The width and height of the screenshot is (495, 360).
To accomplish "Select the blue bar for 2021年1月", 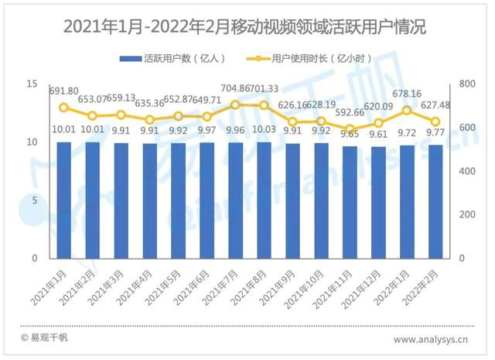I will [64, 200].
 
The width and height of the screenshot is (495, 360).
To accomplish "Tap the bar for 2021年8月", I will [265, 200].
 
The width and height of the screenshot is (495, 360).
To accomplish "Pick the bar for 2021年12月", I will [378, 202].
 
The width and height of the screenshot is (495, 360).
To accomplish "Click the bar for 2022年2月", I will [435, 201].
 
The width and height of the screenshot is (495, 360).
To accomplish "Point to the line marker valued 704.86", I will [236, 105].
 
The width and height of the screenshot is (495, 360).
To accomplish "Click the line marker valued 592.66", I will [350, 129].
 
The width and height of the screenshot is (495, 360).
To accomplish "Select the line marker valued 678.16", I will [407, 110].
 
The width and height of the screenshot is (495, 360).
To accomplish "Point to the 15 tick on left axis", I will [32, 84].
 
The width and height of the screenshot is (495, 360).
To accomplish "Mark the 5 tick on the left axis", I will [35, 201].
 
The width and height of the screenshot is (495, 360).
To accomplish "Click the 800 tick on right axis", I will [466, 84].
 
